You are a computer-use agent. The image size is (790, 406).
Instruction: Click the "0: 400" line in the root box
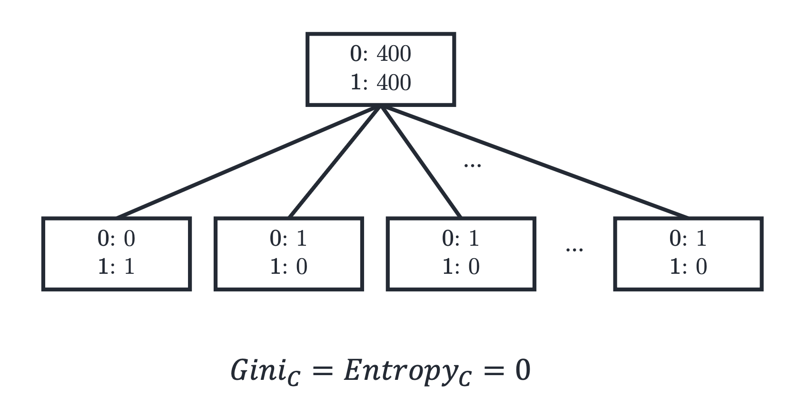pyautogui.click(x=381, y=54)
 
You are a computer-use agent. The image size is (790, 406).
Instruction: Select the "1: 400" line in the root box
pyautogui.click(x=381, y=82)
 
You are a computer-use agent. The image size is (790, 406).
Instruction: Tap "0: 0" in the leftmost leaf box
pyautogui.click(x=117, y=239)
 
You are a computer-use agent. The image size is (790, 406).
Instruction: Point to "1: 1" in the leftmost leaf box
pyautogui.click(x=117, y=266)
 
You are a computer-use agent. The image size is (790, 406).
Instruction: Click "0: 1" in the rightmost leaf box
pyautogui.click(x=688, y=239)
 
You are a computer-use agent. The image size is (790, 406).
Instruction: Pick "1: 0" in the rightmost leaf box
pyautogui.click(x=689, y=266)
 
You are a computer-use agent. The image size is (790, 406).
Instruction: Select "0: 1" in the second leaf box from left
pyautogui.click(x=288, y=239)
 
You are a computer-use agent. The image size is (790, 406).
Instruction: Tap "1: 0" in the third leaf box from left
pyautogui.click(x=461, y=266)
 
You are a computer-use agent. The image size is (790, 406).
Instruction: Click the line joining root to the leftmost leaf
pyautogui.click(x=248, y=162)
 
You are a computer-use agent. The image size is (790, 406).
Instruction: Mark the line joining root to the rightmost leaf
pyautogui.click(x=534, y=162)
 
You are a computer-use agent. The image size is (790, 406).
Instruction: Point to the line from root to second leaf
pyautogui.click(x=335, y=162)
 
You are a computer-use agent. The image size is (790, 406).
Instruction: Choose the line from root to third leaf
pyautogui.click(x=421, y=162)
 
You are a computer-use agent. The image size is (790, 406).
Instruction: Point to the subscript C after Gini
pyautogui.click(x=294, y=378)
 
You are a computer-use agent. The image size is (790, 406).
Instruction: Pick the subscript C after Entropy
pyautogui.click(x=465, y=378)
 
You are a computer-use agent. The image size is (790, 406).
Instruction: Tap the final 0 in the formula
pyautogui.click(x=523, y=370)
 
